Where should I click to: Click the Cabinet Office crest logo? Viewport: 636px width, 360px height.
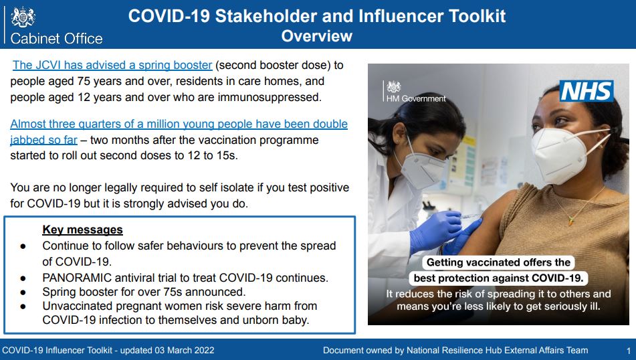[x=23, y=17]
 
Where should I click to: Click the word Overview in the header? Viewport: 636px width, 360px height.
[x=317, y=36]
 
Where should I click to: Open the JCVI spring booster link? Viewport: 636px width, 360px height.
[x=112, y=65]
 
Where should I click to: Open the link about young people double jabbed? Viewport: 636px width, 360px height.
[x=179, y=132]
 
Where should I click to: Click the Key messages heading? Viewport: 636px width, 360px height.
[x=82, y=230]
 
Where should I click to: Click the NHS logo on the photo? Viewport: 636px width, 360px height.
[x=586, y=91]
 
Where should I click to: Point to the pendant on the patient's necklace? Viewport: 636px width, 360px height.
[x=571, y=221]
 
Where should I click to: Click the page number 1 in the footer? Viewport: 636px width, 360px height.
[x=628, y=351]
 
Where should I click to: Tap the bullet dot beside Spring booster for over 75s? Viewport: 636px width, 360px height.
[x=23, y=292]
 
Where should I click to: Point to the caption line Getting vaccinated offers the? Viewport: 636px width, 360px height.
[x=498, y=262]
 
